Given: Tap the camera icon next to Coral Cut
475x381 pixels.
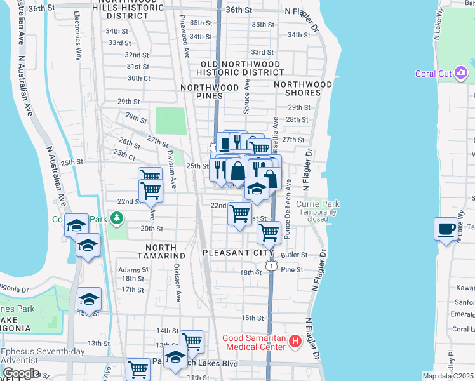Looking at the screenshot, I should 462,73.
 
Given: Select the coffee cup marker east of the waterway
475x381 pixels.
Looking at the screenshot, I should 446,228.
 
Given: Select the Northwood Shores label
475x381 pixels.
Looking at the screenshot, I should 303,88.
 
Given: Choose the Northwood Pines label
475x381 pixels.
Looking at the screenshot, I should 210,91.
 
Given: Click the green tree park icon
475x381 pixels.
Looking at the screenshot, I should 116,219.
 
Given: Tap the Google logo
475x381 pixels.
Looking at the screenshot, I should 20,373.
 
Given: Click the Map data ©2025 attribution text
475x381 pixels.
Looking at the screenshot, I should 448,376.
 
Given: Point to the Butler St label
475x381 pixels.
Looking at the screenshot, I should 294,255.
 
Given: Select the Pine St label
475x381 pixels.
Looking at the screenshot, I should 292,270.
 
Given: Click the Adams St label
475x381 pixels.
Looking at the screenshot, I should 133,270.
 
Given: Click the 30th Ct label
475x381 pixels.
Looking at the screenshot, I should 138,78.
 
